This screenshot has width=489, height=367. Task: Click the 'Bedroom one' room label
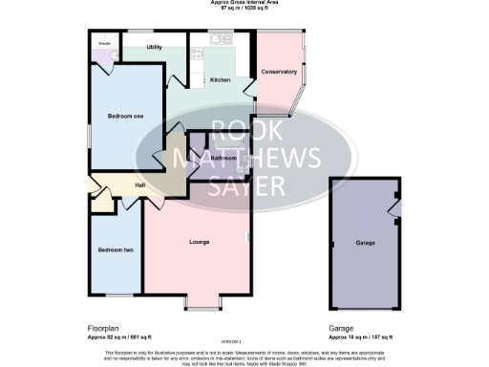coord(126,117)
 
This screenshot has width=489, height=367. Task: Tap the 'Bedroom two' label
coord(115,249)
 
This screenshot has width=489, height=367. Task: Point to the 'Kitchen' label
coord(220,80)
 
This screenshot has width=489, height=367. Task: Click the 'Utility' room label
coord(154,47)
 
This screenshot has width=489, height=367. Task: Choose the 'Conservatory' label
coord(279,72)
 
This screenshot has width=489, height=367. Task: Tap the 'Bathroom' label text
coord(223,157)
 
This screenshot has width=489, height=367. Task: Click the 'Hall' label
coord(139,184)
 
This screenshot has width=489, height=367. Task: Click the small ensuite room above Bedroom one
coord(103,49)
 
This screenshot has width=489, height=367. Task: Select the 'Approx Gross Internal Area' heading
coord(244,4)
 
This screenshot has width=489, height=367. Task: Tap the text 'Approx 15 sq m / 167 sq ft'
coord(360,336)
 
